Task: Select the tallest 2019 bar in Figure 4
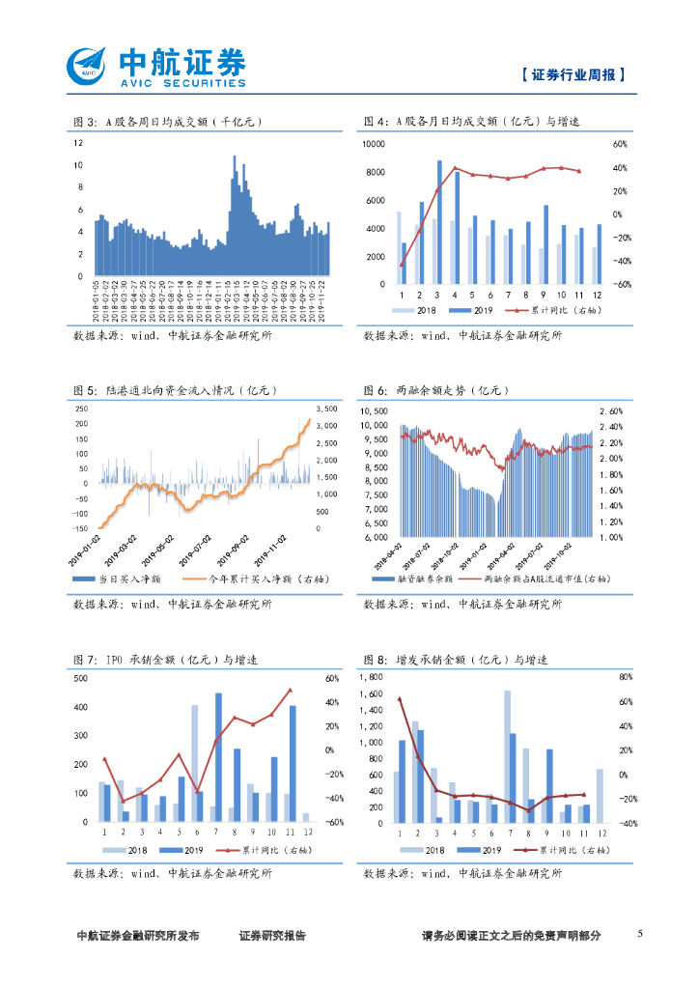tap(439, 222)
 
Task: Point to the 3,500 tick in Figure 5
tap(326, 409)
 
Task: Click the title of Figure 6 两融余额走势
tap(436, 390)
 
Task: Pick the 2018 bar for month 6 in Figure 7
tap(194, 763)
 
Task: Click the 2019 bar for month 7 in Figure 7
tap(218, 756)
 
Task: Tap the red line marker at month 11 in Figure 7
tap(290, 690)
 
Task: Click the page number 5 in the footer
tap(640, 934)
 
